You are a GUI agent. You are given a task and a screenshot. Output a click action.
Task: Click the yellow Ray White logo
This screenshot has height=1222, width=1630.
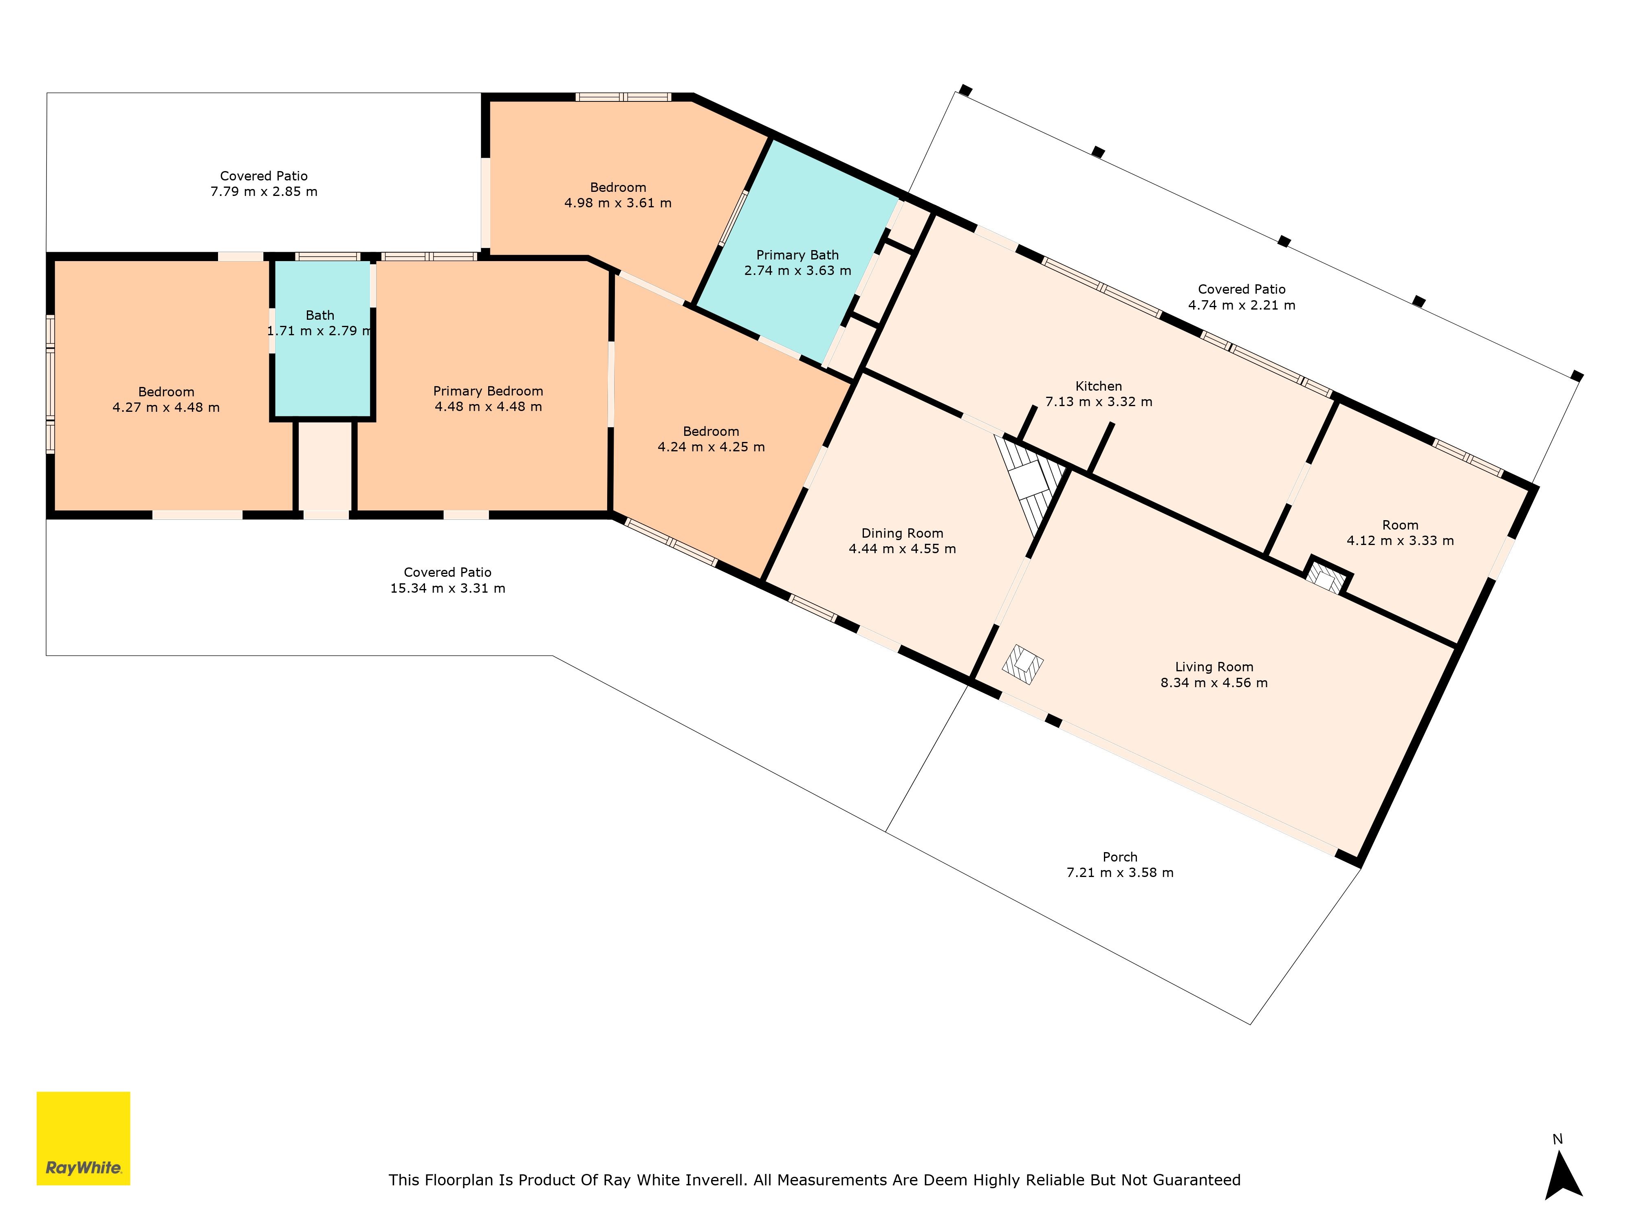click(x=83, y=1138)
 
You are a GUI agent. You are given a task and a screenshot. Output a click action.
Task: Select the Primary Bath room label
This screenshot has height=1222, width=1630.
click(x=797, y=255)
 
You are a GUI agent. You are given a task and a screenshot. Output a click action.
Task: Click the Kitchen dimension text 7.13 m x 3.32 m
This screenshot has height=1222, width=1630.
click(x=1099, y=402)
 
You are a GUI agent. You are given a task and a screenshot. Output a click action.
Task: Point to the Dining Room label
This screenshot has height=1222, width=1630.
click(x=902, y=533)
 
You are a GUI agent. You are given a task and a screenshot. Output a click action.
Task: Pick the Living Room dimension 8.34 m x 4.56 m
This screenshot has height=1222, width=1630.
click(x=1214, y=683)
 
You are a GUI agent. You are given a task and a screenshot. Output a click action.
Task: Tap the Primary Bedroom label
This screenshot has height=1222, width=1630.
click(x=488, y=391)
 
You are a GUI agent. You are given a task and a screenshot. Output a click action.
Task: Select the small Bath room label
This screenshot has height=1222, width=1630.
click(x=320, y=315)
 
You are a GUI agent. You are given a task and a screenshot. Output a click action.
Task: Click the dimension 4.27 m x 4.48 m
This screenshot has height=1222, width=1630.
click(x=166, y=407)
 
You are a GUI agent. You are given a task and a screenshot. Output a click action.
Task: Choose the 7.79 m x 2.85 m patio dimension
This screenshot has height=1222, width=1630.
click(x=264, y=191)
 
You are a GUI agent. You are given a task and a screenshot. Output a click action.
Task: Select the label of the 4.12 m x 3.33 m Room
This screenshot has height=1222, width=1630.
click(x=1400, y=525)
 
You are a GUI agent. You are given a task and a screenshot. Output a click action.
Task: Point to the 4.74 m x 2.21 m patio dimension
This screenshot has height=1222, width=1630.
click(x=1242, y=305)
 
